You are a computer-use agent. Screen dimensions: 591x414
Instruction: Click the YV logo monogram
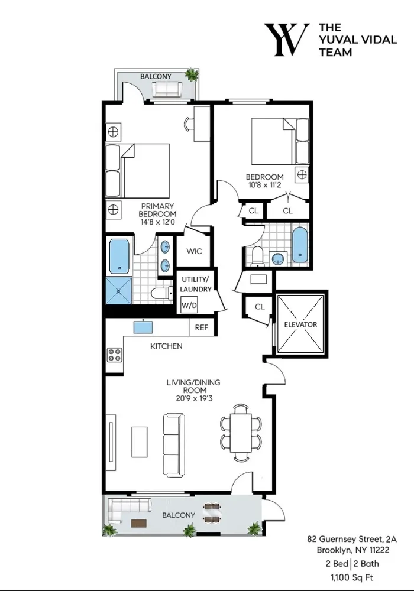click(286, 40)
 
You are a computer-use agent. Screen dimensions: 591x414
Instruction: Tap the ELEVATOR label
click(300, 324)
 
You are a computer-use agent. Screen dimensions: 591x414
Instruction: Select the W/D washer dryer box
click(189, 306)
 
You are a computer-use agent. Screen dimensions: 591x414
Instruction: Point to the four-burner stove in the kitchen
click(114, 355)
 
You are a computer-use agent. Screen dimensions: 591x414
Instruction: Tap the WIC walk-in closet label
click(194, 251)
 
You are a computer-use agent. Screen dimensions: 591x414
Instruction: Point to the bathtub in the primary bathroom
click(119, 256)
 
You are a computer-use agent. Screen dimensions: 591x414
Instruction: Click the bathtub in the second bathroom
click(300, 244)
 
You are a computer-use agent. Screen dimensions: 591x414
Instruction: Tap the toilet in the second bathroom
click(257, 255)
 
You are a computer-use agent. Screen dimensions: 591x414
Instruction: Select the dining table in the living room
click(240, 431)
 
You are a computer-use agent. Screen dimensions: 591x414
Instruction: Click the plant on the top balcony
click(191, 75)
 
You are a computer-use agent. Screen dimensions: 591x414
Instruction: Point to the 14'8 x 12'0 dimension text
click(157, 222)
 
